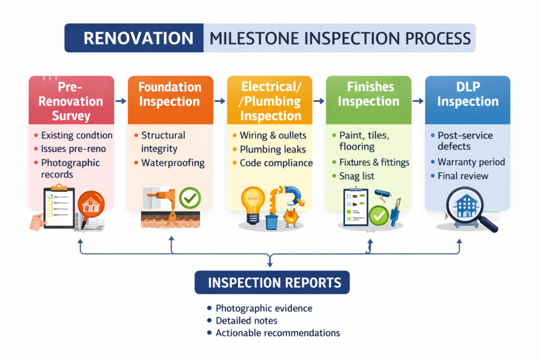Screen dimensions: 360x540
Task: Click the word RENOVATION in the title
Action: pos(138,38)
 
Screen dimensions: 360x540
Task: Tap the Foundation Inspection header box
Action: pos(170,94)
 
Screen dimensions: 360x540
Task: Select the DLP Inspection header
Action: pos(467,94)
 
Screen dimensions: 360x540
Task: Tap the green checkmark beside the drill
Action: pos(189,199)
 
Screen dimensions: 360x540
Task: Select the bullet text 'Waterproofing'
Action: pos(172,163)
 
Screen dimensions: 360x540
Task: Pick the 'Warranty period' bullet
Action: pos(471,162)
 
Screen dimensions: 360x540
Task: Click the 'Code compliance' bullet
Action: pos(276,163)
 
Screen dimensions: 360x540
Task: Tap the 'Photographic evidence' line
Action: pos(264,308)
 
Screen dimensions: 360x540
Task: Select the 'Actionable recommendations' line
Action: pos(277,333)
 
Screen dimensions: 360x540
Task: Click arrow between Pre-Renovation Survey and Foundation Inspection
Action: pos(121,100)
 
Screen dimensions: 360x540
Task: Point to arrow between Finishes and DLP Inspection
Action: pos(418,100)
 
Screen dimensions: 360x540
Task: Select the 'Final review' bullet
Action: pos(462,176)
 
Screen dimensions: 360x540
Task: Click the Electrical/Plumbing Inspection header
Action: pos(271,101)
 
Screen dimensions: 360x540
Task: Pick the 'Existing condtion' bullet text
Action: pos(76,135)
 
